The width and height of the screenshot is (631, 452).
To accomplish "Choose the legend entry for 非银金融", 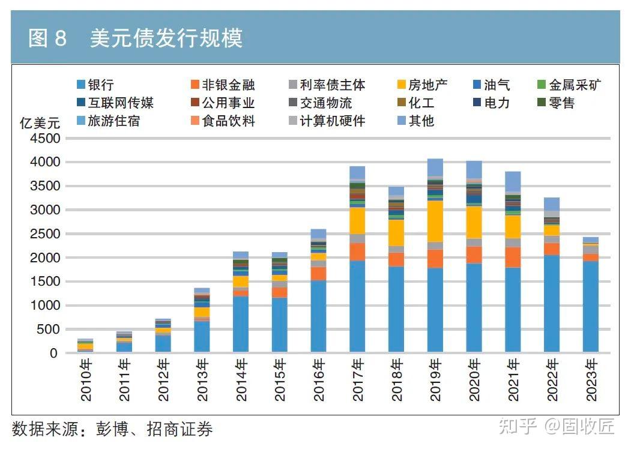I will tap(222, 85).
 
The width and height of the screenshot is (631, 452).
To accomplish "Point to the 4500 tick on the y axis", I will tap(46, 139).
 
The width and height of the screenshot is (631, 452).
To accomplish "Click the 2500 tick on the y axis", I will tap(46, 234).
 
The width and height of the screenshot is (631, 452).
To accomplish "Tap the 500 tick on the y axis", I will tap(49, 330).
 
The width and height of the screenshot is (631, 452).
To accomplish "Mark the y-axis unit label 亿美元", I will tap(40, 124).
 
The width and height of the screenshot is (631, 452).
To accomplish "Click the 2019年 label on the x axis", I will tap(436, 379).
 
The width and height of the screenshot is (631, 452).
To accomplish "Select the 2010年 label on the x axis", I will tap(86, 379).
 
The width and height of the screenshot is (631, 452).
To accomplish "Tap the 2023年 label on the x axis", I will tap(591, 379).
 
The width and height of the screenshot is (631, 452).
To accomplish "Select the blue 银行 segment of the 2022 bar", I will tap(552, 303).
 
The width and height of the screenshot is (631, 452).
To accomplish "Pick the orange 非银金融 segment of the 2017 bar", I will tap(357, 252).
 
